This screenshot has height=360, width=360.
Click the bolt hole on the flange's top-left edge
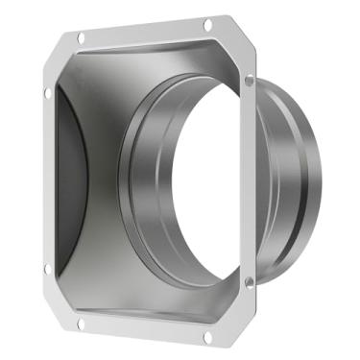click(81, 37)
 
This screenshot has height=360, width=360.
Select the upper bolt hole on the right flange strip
click(250, 82)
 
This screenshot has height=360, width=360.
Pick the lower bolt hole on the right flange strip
click(250, 281)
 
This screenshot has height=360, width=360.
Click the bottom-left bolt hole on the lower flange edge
click(81, 324)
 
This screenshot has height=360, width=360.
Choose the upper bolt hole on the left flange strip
click(47, 92)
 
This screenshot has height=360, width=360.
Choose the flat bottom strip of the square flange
click(144, 330)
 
